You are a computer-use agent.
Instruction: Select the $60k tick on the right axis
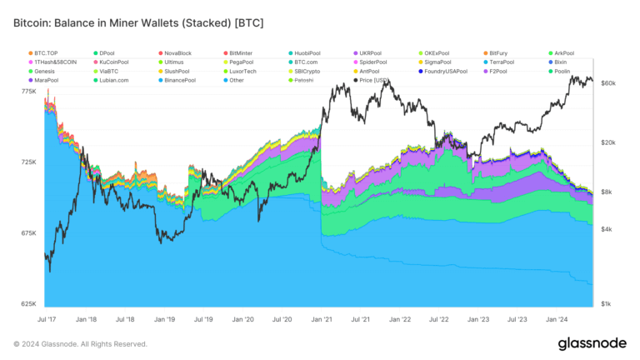click(607, 83)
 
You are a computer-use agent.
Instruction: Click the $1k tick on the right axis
click(607, 304)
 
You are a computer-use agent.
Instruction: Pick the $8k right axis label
click(607, 192)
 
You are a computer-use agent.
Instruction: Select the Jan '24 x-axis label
click(557, 319)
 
